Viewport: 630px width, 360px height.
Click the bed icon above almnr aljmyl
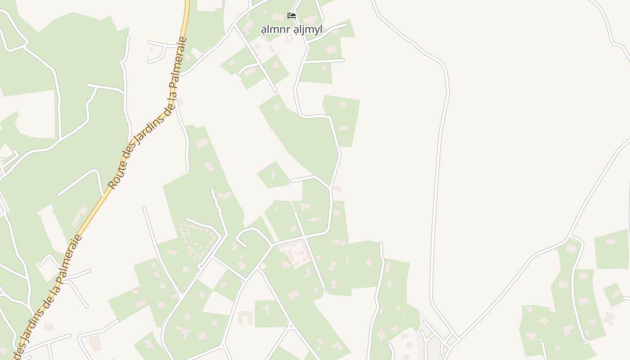tap(292, 16)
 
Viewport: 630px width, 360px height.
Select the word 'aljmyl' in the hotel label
tap(308, 30)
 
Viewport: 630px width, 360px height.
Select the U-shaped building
tap(245, 317)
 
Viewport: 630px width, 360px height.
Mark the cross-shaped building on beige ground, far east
tap(608, 319)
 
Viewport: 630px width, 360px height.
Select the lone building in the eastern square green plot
tap(610, 242)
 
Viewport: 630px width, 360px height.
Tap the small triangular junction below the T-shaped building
tap(291, 326)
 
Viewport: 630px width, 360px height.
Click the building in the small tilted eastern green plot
tap(615, 293)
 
